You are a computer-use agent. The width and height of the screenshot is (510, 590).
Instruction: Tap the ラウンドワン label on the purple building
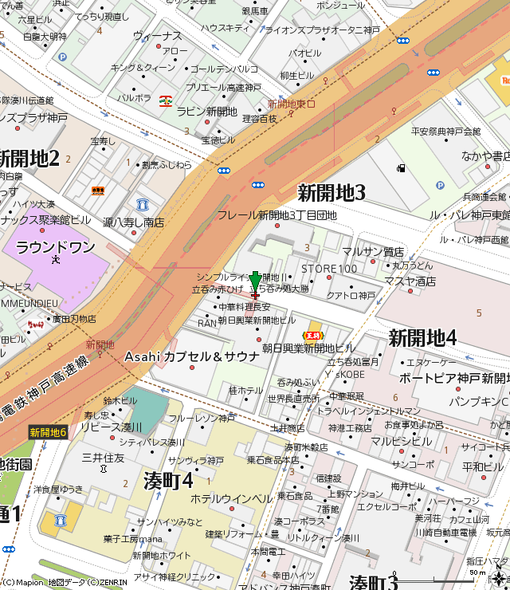click(x=55, y=247)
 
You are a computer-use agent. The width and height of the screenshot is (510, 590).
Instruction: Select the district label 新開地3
click(x=331, y=192)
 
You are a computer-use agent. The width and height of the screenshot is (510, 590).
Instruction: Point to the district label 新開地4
click(x=422, y=337)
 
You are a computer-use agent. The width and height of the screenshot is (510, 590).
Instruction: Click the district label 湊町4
click(x=169, y=481)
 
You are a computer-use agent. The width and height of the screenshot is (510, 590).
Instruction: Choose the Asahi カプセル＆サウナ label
click(x=192, y=356)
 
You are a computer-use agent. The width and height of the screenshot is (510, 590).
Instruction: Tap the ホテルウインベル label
click(x=231, y=498)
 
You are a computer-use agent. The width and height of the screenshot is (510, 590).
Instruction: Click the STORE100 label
click(x=329, y=268)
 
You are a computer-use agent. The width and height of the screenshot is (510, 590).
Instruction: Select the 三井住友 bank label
click(x=104, y=458)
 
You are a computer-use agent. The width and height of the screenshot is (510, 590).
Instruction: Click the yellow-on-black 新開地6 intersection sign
click(x=49, y=432)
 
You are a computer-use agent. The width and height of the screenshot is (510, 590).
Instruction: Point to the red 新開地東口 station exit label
click(x=291, y=104)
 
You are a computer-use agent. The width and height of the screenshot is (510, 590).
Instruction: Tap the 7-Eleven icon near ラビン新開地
click(x=166, y=100)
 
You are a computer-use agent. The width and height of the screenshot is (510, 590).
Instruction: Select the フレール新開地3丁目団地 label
click(x=277, y=215)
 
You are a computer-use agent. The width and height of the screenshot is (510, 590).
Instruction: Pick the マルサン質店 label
click(x=373, y=252)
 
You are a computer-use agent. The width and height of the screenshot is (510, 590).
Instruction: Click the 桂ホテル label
click(x=245, y=391)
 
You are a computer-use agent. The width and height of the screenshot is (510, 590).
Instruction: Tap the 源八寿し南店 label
click(x=133, y=223)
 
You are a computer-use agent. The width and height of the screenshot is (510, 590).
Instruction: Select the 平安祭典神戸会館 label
click(x=445, y=131)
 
